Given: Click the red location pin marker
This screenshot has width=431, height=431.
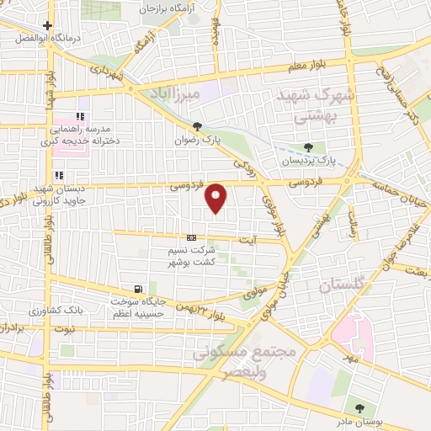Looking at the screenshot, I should click(217, 198).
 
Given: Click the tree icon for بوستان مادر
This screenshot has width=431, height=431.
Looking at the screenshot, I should click(360, 409).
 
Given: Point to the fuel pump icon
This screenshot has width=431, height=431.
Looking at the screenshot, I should click(138, 289).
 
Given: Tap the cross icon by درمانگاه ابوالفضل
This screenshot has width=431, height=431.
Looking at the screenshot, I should click(48, 26).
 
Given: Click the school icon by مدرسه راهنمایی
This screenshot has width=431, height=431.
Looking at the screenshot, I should click(81, 117).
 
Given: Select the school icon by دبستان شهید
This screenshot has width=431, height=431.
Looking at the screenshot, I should click(81, 177).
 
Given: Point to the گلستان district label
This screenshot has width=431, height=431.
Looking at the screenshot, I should click(344, 286).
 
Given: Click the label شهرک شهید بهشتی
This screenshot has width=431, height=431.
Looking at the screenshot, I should click(313, 107).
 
